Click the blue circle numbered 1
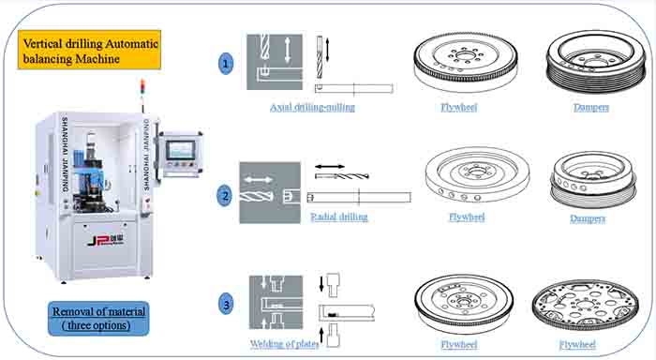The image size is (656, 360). [x=226, y=64]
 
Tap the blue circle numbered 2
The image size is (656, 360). [x=225, y=196]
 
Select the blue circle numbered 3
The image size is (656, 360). [x=227, y=304]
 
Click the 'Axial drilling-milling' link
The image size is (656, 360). [x=312, y=108]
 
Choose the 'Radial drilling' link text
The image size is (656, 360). [x=339, y=217]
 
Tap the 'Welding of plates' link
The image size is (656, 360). [x=285, y=344]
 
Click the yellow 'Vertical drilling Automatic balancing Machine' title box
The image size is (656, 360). [x=90, y=50]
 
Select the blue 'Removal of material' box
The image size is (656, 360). [x=98, y=319]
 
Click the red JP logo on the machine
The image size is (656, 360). [x=105, y=241]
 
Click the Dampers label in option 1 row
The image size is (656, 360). [x=591, y=108]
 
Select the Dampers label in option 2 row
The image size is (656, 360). [x=588, y=218]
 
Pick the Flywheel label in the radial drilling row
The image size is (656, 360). [x=467, y=217]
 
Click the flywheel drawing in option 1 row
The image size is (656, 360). [x=466, y=61]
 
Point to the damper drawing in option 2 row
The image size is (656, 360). [x=593, y=180]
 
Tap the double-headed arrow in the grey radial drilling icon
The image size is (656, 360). [x=258, y=180]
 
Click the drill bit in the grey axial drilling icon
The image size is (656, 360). [x=264, y=47]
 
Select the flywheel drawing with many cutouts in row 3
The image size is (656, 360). [x=585, y=306]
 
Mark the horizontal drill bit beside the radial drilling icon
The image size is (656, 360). [x=342, y=176]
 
